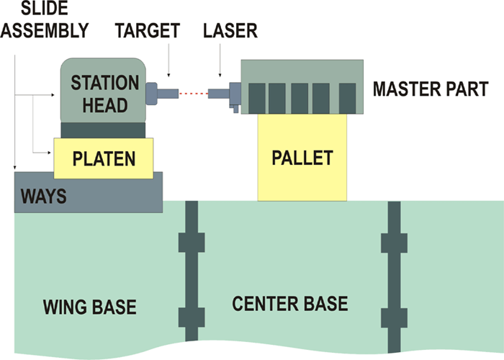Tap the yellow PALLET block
pyautogui.click(x=302, y=158)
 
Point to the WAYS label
pyautogui.click(x=42, y=196)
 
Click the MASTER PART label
pyautogui.click(x=431, y=90)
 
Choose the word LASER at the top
pyautogui.click(x=230, y=30)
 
